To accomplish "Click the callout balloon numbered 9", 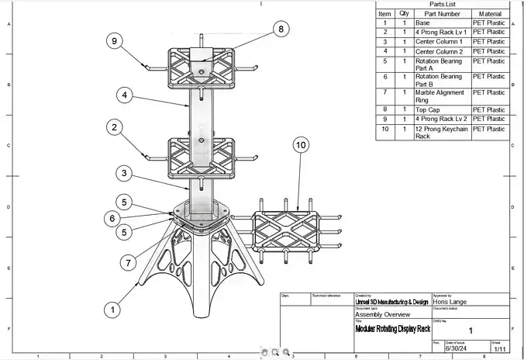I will point(114,42).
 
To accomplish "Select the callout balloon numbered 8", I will point(280,29).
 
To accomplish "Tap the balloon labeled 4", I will point(124,95).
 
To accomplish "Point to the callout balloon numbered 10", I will point(302,145).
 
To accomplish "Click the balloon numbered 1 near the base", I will point(113,309).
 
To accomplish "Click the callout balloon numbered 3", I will point(124,172).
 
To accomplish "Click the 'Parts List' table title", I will point(442,4).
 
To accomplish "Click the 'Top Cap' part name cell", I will point(427,110).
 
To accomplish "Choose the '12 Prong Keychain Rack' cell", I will point(441,133).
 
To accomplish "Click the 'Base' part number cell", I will point(422,22).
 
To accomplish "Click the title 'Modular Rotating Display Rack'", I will point(392,328).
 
